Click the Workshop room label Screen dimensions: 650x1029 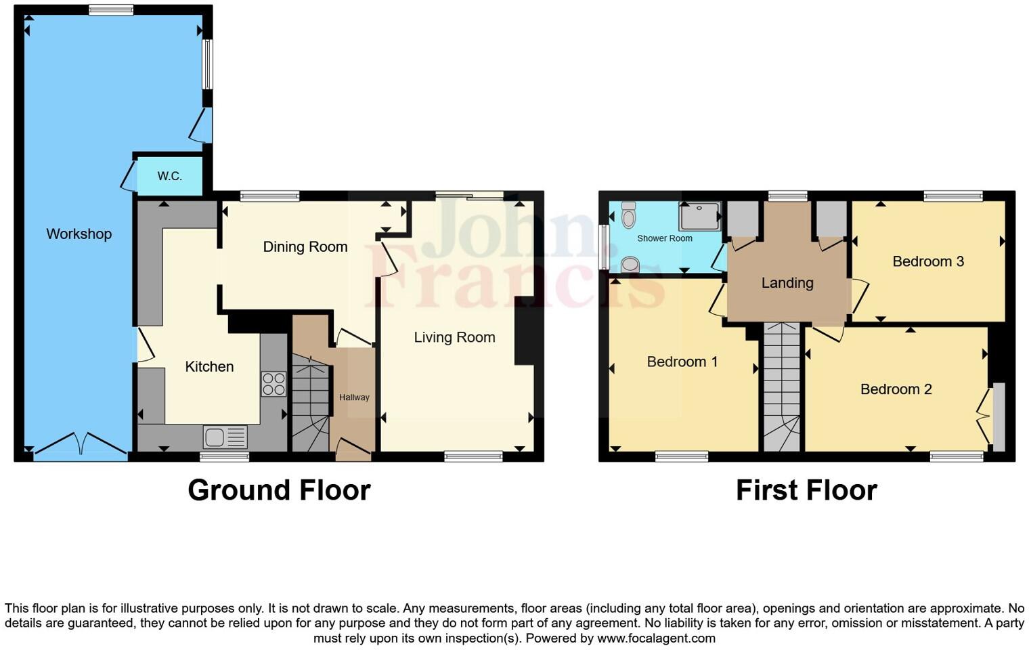[79, 234]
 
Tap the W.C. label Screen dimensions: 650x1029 [169, 176]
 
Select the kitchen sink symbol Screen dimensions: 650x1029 [225, 437]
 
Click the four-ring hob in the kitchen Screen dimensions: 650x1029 [273, 384]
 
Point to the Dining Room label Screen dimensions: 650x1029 [305, 247]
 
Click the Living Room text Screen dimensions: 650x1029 [454, 337]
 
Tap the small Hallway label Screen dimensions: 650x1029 [354, 397]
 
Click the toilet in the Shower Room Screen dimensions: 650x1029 [628, 215]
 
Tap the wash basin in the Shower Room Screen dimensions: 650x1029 [630, 264]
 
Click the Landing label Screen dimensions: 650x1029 [787, 283]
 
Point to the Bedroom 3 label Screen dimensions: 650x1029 [927, 261]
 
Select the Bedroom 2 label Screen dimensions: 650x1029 [895, 389]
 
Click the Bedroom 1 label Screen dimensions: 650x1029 [682, 362]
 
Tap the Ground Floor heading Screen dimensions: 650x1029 [279, 490]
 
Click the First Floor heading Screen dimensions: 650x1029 [806, 490]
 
